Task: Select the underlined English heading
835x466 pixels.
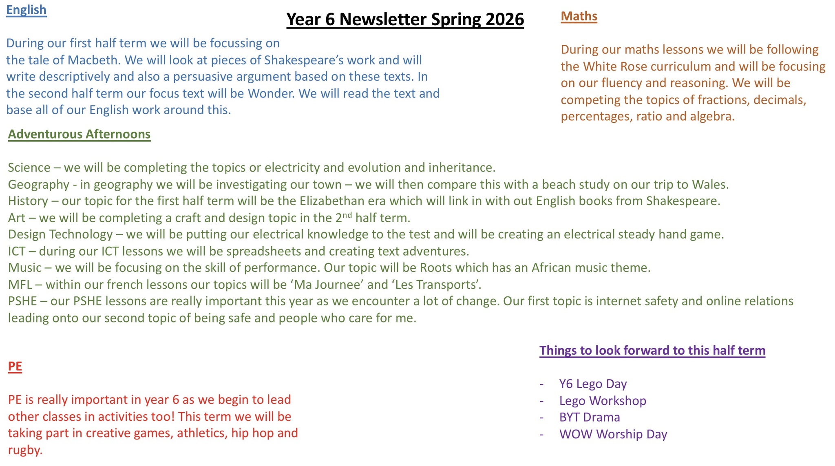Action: click(27, 10)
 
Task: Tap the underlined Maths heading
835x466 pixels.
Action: click(579, 16)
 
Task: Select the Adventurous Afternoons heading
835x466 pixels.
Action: click(79, 134)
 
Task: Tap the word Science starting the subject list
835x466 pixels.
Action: click(29, 168)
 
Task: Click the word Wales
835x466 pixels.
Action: click(710, 184)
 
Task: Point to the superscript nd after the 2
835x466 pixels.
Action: click(347, 215)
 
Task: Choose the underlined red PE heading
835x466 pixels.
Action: click(15, 366)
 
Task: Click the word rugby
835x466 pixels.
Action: click(25, 450)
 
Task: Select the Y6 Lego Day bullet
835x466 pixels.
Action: click(593, 384)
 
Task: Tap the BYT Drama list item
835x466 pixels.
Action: click(590, 417)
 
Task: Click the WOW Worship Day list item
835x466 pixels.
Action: click(613, 434)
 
